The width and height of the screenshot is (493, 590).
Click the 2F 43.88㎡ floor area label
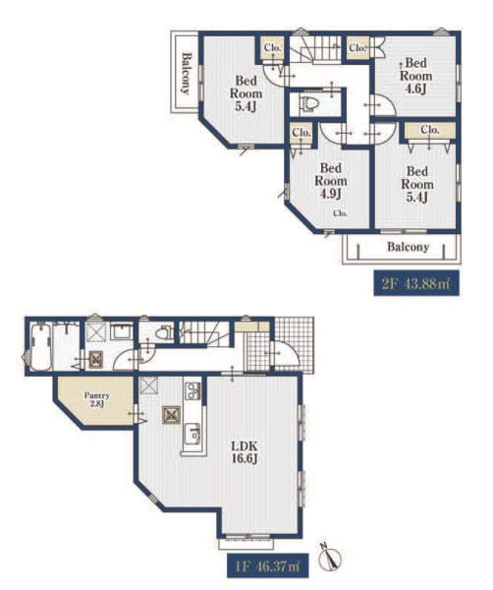[x=416, y=283]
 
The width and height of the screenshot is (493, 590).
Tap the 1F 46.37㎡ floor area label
[x=267, y=565]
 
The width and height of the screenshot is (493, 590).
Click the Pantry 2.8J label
[x=97, y=400]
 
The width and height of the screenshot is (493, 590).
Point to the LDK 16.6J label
[x=245, y=452]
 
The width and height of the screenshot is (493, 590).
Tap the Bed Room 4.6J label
[x=415, y=76]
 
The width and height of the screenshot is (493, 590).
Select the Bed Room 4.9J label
[x=331, y=181]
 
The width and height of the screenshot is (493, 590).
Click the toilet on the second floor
[x=309, y=103]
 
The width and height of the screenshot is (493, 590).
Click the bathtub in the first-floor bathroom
[x=41, y=347]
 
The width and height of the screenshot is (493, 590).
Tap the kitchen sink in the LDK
[x=192, y=434]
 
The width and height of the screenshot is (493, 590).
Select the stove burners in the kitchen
[x=192, y=391]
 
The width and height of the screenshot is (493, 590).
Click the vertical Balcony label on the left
[x=186, y=74]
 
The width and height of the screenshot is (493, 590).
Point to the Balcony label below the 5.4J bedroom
[x=409, y=247]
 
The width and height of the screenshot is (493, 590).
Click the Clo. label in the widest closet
[x=430, y=130]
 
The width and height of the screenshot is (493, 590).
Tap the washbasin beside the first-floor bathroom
[x=122, y=332]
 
